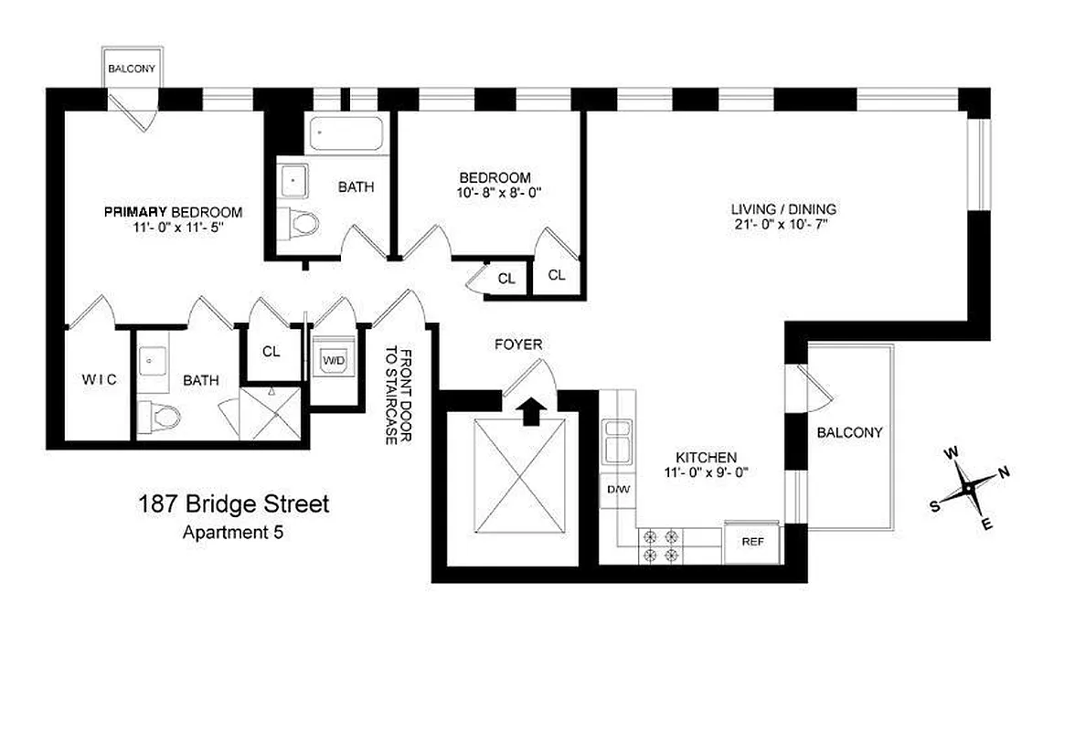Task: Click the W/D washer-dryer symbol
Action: (333, 361)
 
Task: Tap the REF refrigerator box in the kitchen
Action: (752, 542)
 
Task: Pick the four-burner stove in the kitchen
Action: (660, 546)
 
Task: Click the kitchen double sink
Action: (617, 441)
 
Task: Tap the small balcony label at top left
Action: (132, 69)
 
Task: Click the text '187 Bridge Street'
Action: (233, 503)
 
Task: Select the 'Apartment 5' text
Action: (233, 532)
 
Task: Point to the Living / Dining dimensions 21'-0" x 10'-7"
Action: (784, 225)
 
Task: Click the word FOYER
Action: (518, 344)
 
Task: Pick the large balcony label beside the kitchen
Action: (849, 432)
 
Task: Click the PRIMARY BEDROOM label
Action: (173, 211)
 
